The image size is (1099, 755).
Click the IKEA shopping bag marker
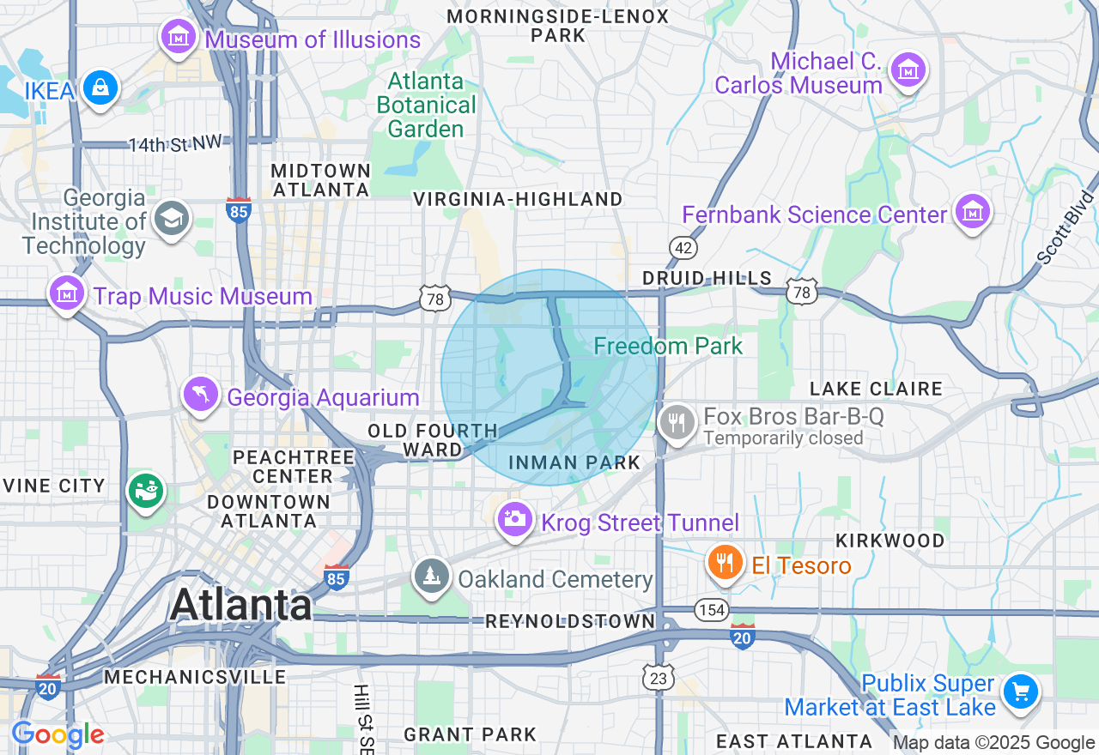(100, 88)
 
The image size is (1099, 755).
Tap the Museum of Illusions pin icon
(178, 38)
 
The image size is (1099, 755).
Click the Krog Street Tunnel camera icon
(514, 520)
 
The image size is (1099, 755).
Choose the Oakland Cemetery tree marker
(431, 577)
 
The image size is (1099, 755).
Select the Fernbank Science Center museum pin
(972, 212)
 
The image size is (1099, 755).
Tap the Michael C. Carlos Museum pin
(908, 70)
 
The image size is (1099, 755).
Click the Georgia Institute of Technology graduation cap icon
(171, 220)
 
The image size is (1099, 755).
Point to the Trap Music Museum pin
(67, 294)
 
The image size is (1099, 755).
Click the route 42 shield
(683, 248)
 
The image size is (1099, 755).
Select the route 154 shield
(711, 610)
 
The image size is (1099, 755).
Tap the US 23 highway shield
(658, 679)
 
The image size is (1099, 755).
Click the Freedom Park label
(668, 347)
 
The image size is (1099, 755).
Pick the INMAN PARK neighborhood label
(574, 463)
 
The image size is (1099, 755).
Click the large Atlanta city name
(240, 605)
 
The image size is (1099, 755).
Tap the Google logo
(58, 735)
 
